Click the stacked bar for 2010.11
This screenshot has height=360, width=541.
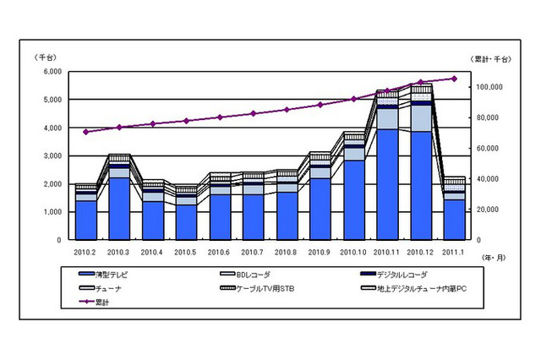(387, 169)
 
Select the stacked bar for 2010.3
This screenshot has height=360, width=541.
(119, 199)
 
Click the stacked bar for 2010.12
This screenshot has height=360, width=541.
(421, 165)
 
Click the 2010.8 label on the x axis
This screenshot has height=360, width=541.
(287, 251)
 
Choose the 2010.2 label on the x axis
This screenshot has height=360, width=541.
(85, 251)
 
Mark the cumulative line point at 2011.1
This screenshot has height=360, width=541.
(454, 79)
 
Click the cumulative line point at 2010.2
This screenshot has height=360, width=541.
(85, 132)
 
